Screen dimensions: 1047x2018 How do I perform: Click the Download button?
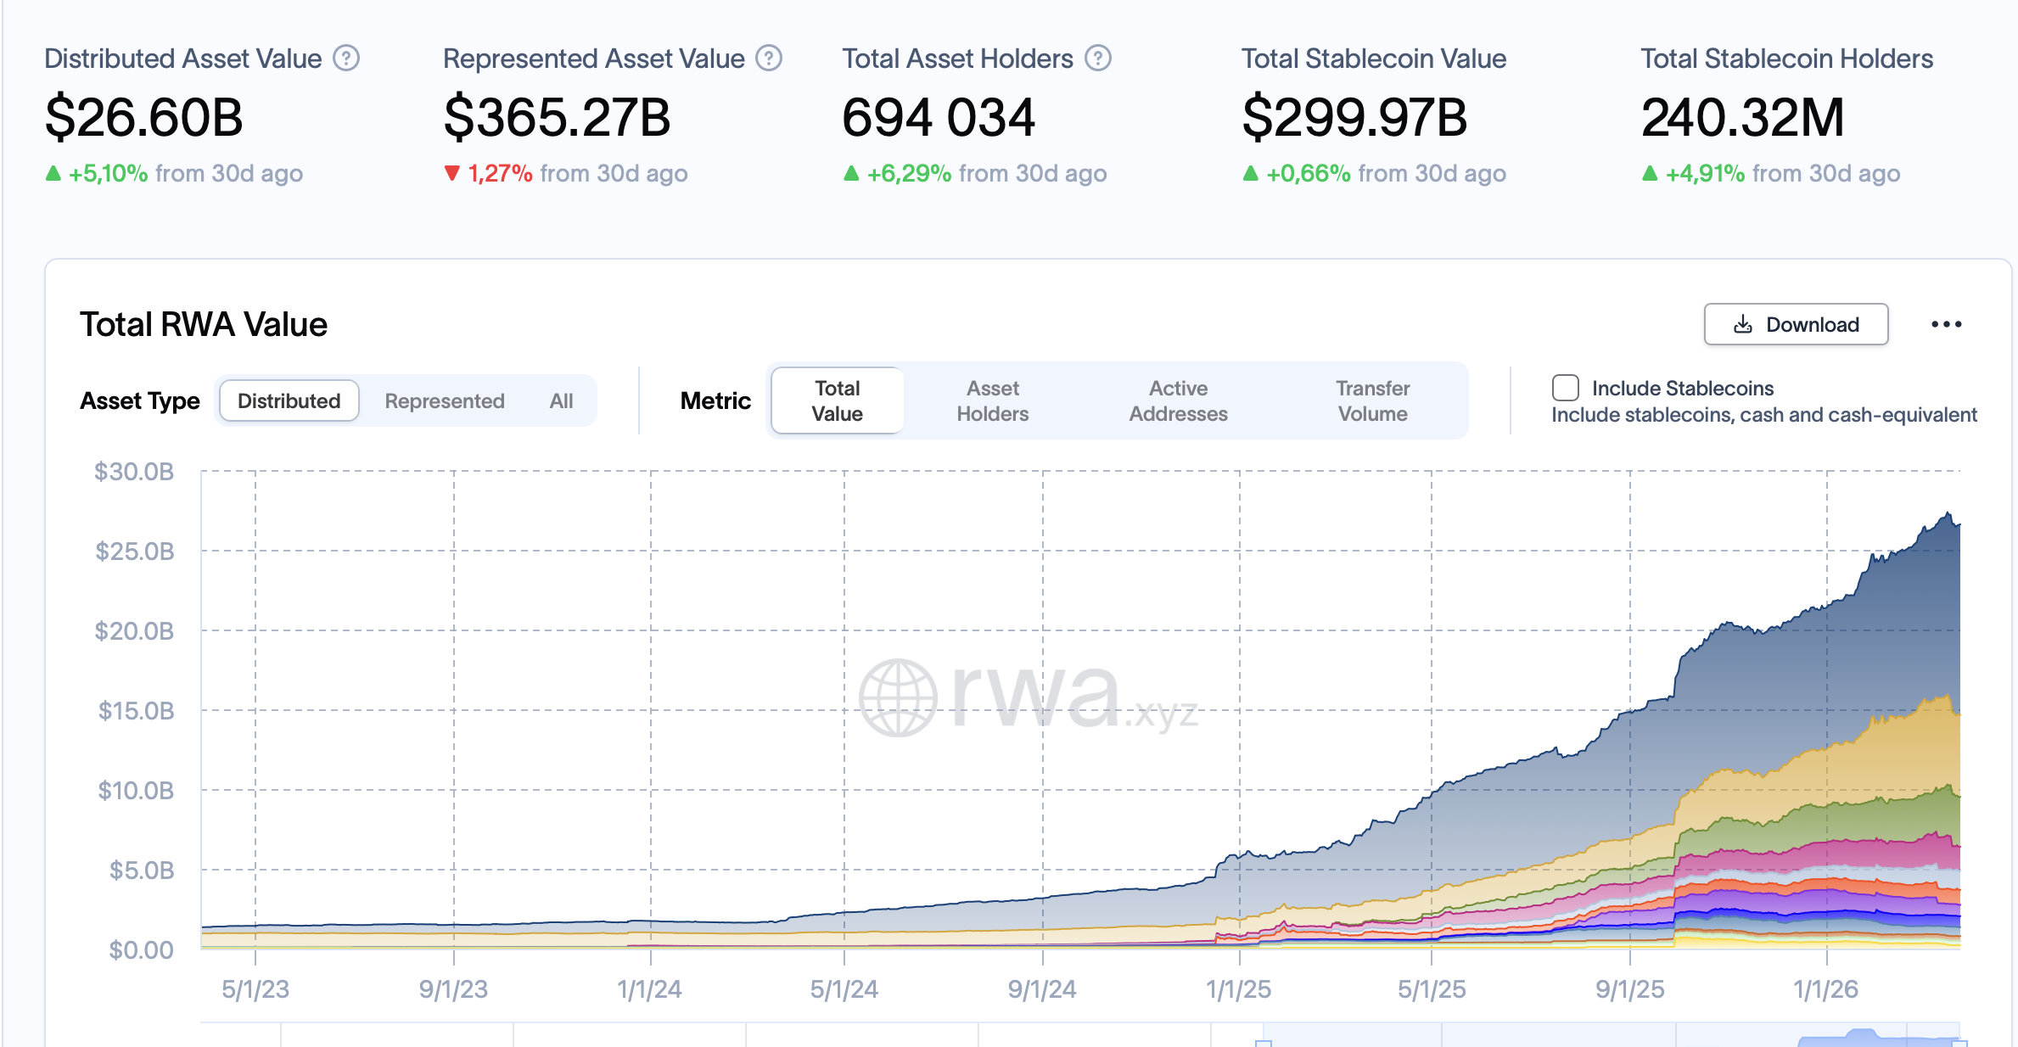tap(1796, 324)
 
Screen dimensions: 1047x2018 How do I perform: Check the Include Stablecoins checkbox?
tap(1565, 388)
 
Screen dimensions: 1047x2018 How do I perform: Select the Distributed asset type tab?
tap(289, 400)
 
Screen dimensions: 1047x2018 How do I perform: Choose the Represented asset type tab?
tap(444, 400)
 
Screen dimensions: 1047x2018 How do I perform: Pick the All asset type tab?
tap(561, 400)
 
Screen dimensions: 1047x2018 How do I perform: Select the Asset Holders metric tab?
tap(992, 400)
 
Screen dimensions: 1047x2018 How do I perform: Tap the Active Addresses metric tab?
tap(1178, 400)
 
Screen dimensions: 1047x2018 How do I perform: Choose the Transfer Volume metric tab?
tap(1372, 400)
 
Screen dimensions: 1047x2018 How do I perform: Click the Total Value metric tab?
tap(837, 400)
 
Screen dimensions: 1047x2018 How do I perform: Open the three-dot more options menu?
tap(1946, 324)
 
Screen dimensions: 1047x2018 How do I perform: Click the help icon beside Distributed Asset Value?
tap(346, 59)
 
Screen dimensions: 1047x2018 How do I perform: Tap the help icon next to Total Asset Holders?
tap(1098, 59)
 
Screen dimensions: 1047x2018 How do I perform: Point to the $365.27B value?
tap(557, 117)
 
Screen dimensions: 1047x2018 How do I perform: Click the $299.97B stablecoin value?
tap(1354, 117)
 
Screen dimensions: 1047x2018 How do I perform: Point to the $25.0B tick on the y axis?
tap(135, 551)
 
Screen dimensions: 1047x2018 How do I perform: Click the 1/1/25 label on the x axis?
tap(1238, 989)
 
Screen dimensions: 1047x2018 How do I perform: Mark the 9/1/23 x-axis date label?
tap(453, 989)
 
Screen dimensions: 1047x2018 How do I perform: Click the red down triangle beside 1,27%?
tap(452, 173)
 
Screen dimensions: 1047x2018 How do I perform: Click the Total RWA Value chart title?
tap(204, 324)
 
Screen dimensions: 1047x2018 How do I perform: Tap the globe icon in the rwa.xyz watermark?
tap(898, 697)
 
